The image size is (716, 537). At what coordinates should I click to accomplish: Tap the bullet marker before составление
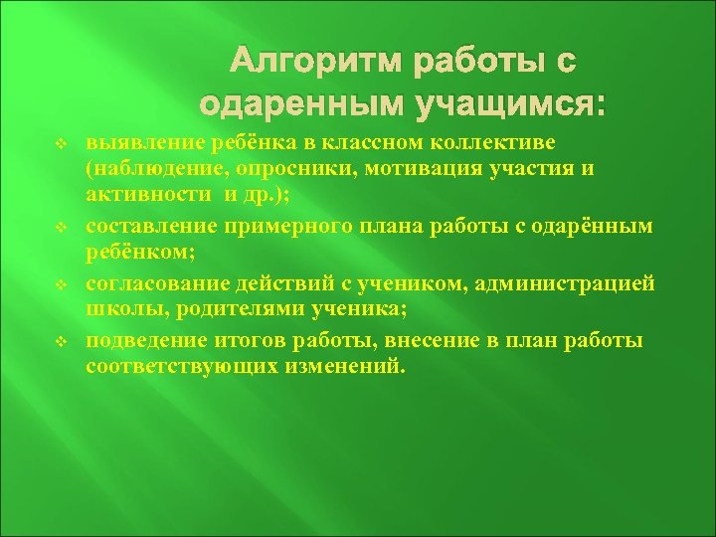pos(61,228)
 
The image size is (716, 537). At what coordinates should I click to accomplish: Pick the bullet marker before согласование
pos(61,285)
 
